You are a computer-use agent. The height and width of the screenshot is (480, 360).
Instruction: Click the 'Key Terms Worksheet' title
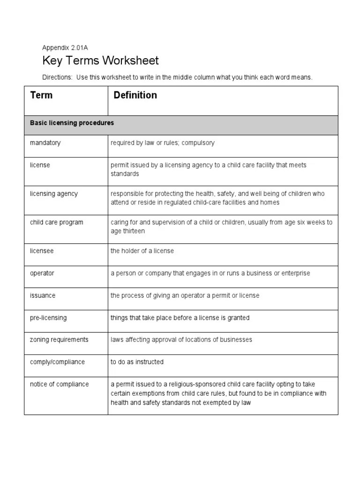click(100, 60)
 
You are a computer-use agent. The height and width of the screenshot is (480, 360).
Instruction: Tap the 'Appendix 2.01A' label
click(65, 47)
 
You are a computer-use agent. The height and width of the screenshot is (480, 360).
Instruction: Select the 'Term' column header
click(41, 96)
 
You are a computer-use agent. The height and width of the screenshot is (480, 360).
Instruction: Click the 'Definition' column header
click(135, 96)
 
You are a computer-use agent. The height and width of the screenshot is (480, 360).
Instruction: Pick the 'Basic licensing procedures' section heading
click(72, 123)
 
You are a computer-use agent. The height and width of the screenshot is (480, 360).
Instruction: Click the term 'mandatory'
click(45, 142)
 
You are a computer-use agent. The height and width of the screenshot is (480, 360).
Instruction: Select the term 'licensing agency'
click(54, 194)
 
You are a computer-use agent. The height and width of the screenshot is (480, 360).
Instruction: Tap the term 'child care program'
click(56, 222)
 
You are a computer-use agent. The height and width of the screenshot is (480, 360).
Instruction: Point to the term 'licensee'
click(42, 251)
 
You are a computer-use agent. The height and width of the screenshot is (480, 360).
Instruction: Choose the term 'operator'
click(42, 273)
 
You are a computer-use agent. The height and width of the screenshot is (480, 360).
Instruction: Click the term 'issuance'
click(43, 295)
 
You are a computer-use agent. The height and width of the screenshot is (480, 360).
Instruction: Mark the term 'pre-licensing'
click(48, 318)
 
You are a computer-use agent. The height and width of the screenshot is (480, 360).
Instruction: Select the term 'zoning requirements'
click(59, 339)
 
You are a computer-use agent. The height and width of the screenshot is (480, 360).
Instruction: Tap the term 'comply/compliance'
click(57, 362)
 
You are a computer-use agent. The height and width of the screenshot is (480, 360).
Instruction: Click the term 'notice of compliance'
click(59, 384)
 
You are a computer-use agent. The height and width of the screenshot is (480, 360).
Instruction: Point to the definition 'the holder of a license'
click(142, 251)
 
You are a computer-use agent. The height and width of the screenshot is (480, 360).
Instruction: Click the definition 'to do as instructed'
click(137, 362)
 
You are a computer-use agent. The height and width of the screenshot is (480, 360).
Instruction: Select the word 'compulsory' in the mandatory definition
click(199, 142)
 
